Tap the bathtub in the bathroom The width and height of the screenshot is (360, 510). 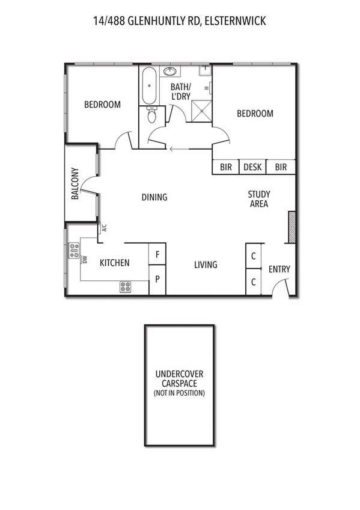pyautogui.click(x=149, y=87)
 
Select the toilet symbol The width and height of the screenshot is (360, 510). pyautogui.click(x=150, y=115)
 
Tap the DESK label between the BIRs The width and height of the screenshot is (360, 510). pyautogui.click(x=252, y=167)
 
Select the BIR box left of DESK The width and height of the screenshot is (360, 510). pyautogui.click(x=226, y=167)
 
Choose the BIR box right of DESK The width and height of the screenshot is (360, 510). pyautogui.click(x=281, y=167)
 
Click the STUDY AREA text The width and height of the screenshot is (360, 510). pyautogui.click(x=259, y=199)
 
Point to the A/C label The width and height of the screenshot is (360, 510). pyautogui.click(x=103, y=228)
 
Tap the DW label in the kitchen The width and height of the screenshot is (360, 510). pyautogui.click(x=85, y=259)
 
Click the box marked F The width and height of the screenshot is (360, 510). pyautogui.click(x=157, y=254)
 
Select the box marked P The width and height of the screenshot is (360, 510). pyautogui.click(x=157, y=280)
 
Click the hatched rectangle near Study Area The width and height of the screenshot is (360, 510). pyautogui.click(x=291, y=227)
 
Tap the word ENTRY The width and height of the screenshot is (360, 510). pyautogui.click(x=279, y=269)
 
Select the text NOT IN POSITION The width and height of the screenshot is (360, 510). pyautogui.click(x=178, y=393)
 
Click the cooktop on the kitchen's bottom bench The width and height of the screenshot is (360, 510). pyautogui.click(x=126, y=287)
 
